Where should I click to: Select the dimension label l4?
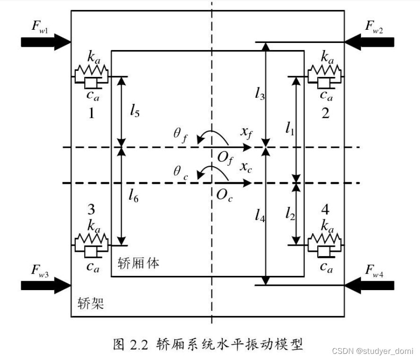point(259,216)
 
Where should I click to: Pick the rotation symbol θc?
point(180,171)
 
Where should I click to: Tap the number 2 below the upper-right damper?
point(325,113)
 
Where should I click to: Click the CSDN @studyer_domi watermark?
point(372,351)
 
